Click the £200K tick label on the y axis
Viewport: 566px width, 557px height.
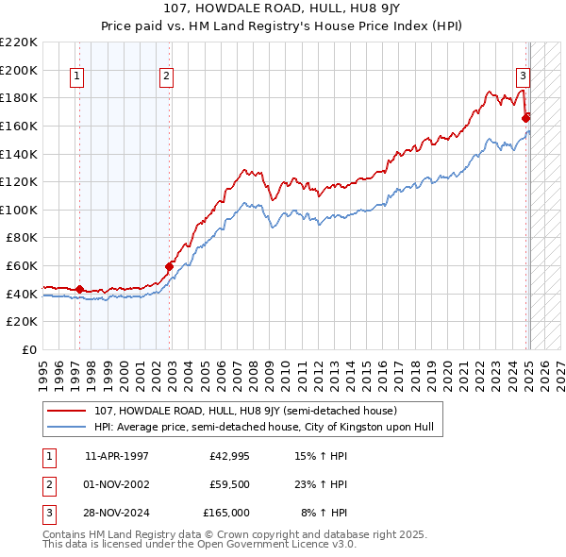[x=19, y=70]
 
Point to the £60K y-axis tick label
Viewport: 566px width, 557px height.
[x=22, y=266]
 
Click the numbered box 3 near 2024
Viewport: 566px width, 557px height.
[x=523, y=77]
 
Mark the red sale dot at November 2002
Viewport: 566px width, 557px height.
[x=170, y=266]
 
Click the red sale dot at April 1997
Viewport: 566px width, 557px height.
[x=79, y=289]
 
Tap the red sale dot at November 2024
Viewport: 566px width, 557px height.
[x=525, y=118]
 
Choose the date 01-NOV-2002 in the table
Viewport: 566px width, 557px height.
[x=117, y=485]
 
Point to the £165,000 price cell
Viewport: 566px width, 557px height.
[x=226, y=513]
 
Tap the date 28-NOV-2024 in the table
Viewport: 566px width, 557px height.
[x=117, y=513]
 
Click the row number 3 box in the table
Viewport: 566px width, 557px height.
[x=47, y=513]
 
